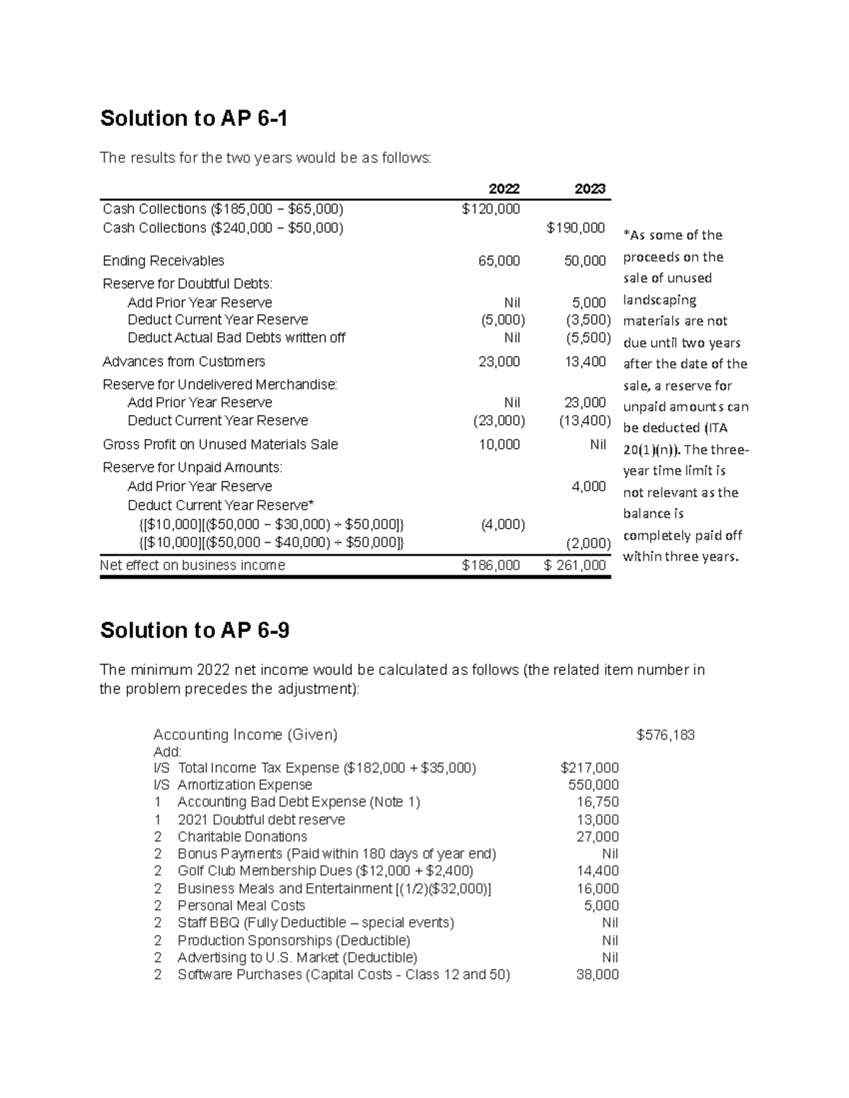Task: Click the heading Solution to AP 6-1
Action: (194, 118)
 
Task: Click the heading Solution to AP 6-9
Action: (195, 630)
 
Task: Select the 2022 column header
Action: (504, 189)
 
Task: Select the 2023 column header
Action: (589, 189)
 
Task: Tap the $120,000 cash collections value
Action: (490, 209)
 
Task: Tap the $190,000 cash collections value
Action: (576, 228)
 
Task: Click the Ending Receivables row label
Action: (163, 261)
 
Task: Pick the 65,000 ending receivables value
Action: (499, 261)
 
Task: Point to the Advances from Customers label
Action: (184, 362)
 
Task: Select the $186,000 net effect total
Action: (490, 566)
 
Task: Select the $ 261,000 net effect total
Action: (574, 566)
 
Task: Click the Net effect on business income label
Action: (192, 566)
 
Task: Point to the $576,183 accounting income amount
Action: (665, 735)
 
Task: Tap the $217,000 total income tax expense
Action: (589, 768)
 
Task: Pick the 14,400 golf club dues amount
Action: (598, 871)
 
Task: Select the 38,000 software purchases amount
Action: (598, 975)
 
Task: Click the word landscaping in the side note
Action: (659, 300)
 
